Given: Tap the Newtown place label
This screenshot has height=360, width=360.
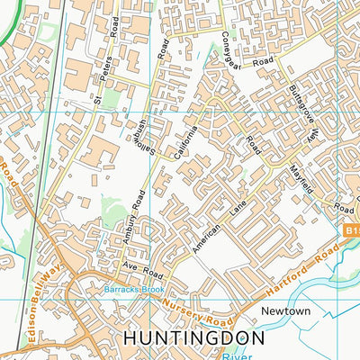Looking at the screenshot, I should click(284, 311).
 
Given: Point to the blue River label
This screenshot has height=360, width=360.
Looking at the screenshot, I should click(252, 355).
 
